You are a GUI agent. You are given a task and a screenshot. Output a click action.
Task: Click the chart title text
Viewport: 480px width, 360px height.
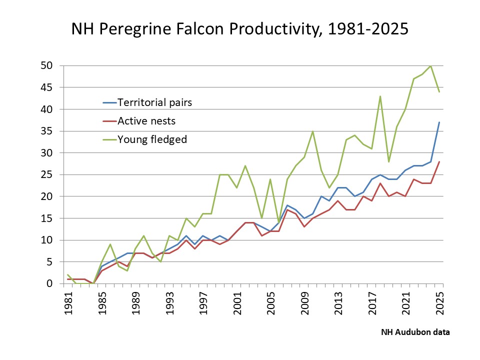point(240,29)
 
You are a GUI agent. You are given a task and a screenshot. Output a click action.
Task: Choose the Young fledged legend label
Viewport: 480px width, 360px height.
point(152,139)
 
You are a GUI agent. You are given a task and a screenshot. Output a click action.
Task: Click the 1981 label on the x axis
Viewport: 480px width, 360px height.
point(69,303)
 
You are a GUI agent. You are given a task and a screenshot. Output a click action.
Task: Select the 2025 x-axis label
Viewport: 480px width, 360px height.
point(440,303)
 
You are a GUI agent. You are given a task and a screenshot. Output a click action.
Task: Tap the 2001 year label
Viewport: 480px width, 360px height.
point(237,303)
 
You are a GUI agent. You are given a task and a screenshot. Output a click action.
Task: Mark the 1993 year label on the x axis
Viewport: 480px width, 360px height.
point(170,303)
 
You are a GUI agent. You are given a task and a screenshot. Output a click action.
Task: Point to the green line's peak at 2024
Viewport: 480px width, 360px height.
point(430,65)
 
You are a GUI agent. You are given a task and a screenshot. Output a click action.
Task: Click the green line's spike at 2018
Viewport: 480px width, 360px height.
point(380,96)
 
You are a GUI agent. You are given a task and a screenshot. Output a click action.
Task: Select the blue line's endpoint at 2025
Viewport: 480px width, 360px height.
point(439,122)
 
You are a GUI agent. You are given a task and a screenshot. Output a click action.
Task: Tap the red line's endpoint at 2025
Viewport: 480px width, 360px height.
point(439,161)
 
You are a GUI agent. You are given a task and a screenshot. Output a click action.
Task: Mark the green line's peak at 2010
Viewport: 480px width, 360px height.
point(312,131)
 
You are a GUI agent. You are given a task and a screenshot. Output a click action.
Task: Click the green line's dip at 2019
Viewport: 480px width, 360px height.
point(388,161)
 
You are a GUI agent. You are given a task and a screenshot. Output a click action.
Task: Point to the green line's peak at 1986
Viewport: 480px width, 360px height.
point(110,244)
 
